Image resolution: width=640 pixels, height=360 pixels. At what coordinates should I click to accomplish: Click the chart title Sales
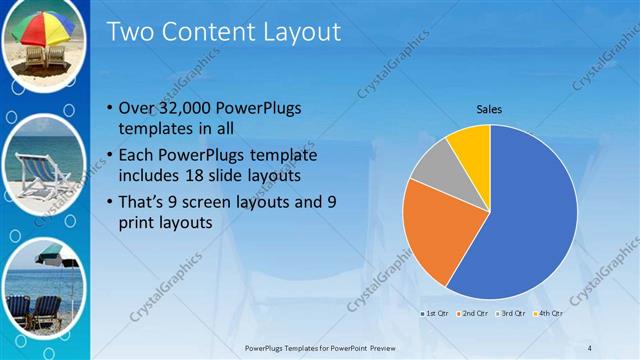point(489,109)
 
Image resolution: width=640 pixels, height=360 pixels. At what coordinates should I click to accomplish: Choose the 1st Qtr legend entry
point(434,314)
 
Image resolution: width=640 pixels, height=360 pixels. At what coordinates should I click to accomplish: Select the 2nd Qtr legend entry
point(473,314)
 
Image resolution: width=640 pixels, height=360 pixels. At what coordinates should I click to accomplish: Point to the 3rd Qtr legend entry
point(512,314)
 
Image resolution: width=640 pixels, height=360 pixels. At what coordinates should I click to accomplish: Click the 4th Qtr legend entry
point(549,314)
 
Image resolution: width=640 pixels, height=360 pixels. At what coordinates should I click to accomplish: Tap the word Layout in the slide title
point(300,33)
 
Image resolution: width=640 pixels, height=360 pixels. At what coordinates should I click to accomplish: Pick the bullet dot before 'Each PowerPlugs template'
point(109,156)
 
